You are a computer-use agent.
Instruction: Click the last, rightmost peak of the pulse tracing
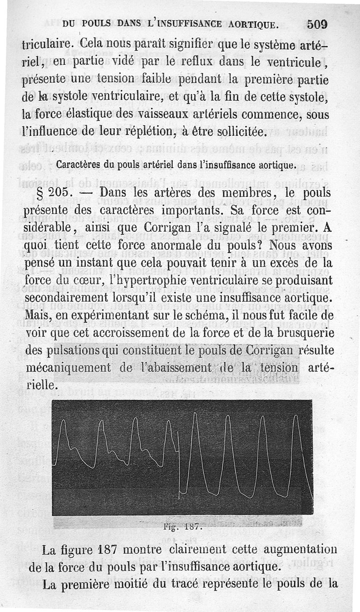(296, 416)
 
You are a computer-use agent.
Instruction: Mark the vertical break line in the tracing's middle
(179, 463)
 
